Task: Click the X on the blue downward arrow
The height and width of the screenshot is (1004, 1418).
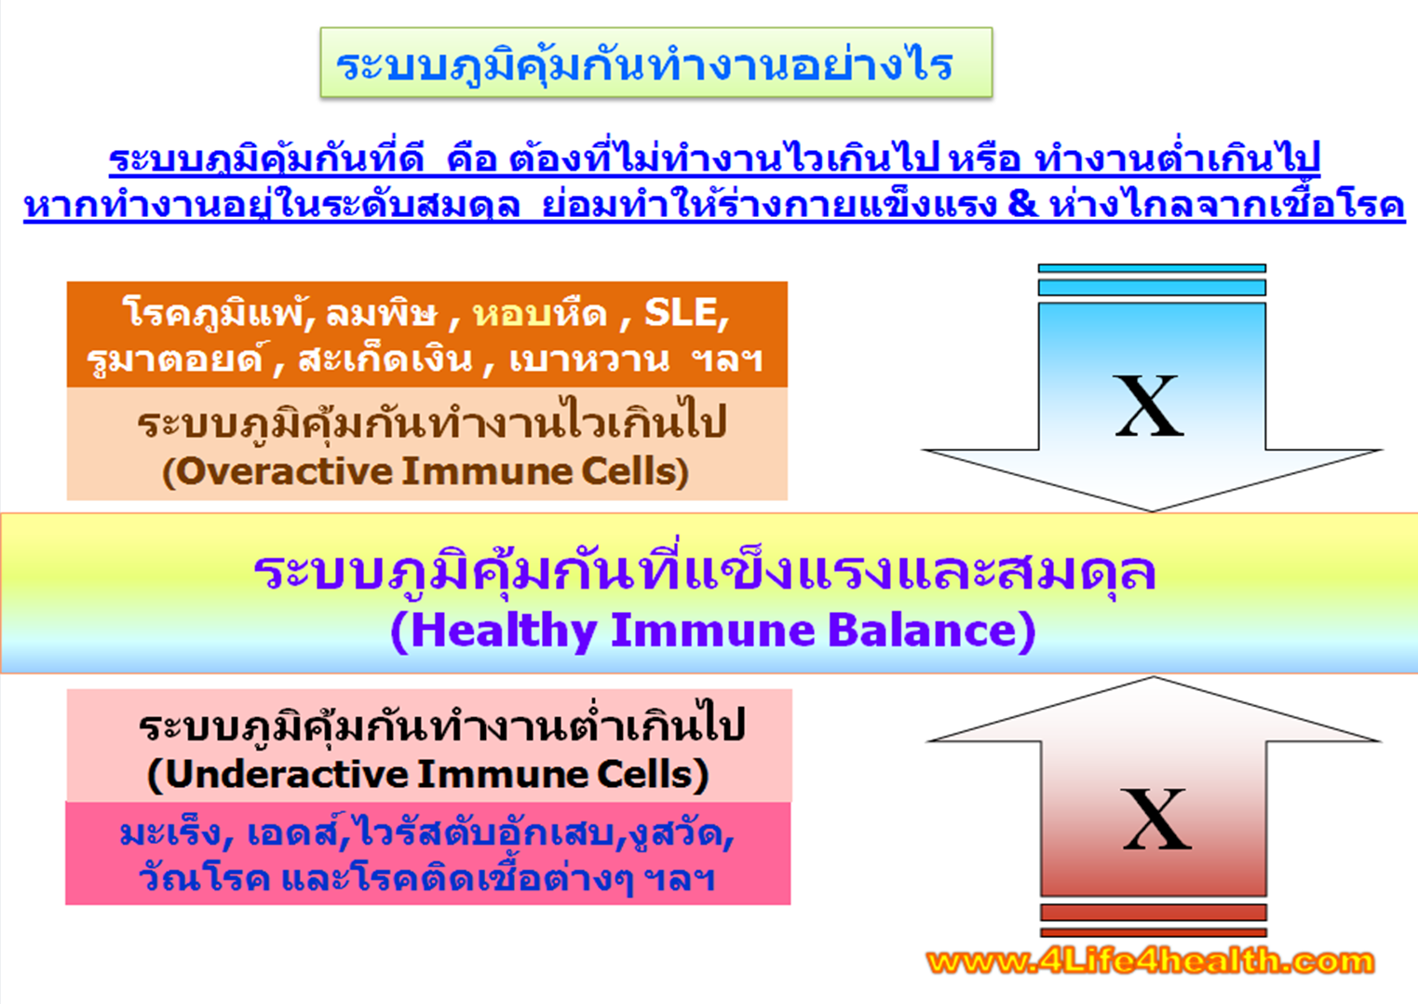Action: pyautogui.click(x=1149, y=406)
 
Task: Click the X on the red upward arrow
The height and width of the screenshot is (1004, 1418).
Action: pyautogui.click(x=1156, y=820)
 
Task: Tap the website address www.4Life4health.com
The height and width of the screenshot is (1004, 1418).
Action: pyautogui.click(x=1150, y=962)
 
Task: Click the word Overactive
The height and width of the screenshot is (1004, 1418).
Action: pyautogui.click(x=284, y=471)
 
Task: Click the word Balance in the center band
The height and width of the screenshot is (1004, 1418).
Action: pyautogui.click(x=922, y=631)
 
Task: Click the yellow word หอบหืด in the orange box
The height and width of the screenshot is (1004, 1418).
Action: pyautogui.click(x=540, y=313)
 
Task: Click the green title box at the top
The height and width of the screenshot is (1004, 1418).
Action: pyautogui.click(x=656, y=62)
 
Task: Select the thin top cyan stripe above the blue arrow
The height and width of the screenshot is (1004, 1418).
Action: pyautogui.click(x=1152, y=268)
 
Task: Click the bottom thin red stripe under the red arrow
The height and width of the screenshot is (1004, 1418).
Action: pyautogui.click(x=1154, y=932)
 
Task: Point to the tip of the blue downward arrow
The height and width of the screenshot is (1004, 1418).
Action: pyautogui.click(x=1152, y=510)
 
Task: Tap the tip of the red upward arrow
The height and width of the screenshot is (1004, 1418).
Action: pyautogui.click(x=1154, y=677)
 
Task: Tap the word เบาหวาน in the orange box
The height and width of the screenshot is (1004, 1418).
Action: pyautogui.click(x=588, y=359)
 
